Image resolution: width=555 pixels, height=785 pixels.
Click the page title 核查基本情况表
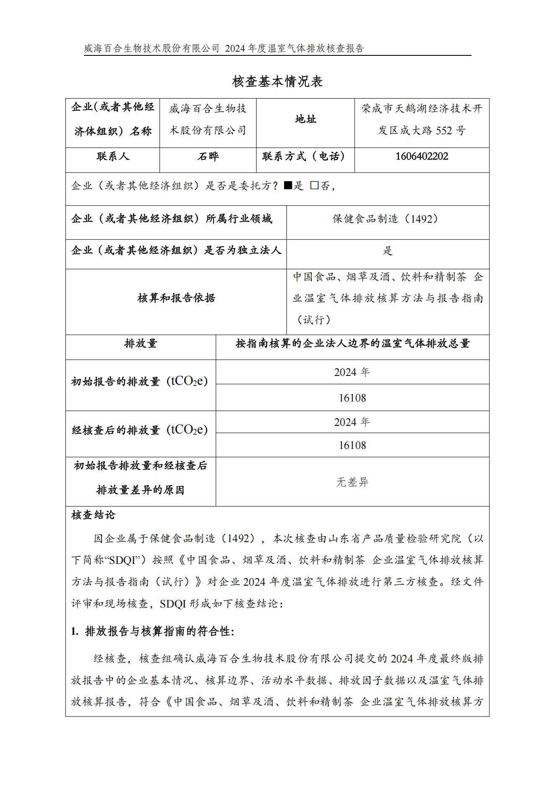[277, 82]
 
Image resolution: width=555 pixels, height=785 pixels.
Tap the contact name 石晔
[208, 156]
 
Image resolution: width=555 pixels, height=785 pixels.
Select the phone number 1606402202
[422, 156]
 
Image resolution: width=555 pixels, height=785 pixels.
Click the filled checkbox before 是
[287, 185]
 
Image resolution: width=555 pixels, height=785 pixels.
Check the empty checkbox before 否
[314, 185]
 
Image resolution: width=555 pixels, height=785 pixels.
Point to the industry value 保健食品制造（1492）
[388, 219]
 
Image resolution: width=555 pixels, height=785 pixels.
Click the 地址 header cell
[305, 120]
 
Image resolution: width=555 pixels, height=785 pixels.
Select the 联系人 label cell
[113, 156]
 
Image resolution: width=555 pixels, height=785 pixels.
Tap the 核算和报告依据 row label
[176, 298]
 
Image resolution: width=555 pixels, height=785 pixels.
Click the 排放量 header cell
[141, 344]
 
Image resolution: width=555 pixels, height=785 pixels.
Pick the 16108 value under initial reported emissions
[352, 398]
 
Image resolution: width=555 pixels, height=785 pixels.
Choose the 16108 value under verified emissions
[352, 445]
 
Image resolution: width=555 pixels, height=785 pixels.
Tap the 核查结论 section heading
[93, 515]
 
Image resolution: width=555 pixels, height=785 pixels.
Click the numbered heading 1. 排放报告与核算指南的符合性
[153, 631]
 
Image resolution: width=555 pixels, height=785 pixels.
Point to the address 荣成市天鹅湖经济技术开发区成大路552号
[422, 120]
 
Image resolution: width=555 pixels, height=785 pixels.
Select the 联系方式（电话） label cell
[305, 156]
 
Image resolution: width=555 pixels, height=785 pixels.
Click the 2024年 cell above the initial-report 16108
[352, 373]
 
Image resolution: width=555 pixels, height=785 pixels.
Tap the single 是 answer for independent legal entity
[388, 251]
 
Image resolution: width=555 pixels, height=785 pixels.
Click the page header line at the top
[224, 49]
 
